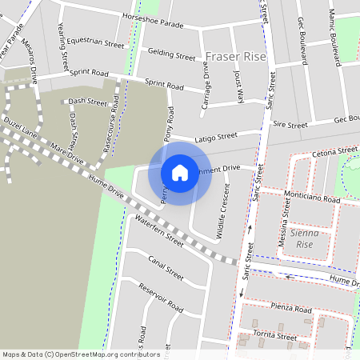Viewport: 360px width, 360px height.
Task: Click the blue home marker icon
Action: [180, 172]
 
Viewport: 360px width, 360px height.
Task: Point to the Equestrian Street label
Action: [96, 41]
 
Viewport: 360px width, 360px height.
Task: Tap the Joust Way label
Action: [238, 82]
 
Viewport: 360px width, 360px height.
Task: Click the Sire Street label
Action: [290, 125]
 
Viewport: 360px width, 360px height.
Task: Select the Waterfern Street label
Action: [159, 231]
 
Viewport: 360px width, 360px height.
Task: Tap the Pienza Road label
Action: [291, 309]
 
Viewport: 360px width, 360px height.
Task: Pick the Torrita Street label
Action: [275, 336]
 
